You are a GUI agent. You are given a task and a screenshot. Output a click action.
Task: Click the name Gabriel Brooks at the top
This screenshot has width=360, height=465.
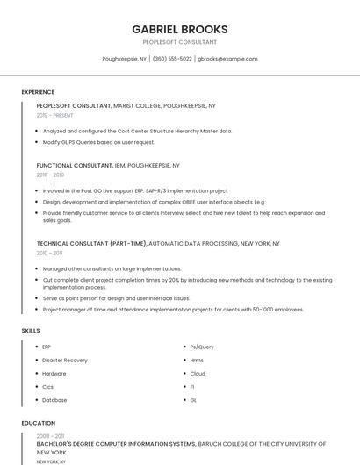[179, 29]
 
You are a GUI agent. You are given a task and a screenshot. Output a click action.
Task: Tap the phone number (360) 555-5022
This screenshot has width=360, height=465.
[172, 59]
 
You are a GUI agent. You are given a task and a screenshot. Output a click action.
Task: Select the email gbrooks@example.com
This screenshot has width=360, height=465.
[227, 59]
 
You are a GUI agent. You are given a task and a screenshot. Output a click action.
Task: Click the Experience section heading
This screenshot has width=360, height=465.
[38, 92]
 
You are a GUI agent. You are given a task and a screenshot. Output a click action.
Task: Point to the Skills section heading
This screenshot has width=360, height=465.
[31, 330]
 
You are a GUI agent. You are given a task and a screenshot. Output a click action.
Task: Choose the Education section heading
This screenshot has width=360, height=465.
[38, 423]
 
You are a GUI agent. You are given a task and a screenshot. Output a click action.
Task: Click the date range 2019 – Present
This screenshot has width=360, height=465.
[55, 115]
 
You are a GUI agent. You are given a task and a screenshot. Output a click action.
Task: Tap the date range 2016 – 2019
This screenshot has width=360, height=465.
[50, 175]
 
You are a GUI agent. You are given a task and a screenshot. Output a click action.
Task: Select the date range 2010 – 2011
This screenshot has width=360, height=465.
[49, 253]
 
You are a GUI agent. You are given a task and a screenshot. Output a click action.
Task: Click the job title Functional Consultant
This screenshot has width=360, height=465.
[74, 165]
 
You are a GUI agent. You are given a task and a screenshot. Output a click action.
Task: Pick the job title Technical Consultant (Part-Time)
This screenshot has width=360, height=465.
[91, 243]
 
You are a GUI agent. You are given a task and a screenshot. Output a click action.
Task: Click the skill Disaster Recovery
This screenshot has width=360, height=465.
[65, 360]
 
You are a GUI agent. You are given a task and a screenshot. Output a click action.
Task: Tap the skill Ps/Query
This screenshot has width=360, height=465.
[202, 347]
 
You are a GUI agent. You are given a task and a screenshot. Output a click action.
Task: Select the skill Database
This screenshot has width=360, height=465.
[54, 399]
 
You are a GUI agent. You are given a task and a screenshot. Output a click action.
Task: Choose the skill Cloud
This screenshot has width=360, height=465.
[198, 373]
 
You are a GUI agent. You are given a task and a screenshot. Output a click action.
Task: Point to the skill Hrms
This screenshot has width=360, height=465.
[197, 360]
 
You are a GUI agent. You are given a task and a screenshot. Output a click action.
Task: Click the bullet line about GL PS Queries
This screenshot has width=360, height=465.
[98, 141]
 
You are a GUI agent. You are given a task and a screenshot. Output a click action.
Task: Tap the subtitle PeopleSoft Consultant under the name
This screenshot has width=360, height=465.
[179, 42]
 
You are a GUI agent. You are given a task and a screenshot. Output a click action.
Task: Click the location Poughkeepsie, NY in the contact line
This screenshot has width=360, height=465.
[125, 59]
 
